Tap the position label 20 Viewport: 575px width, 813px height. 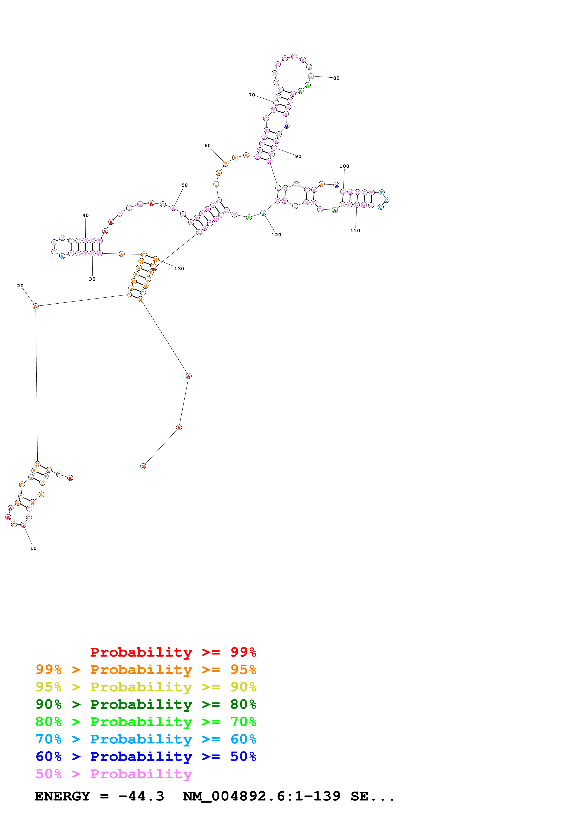20,286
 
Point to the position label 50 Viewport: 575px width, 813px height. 185,185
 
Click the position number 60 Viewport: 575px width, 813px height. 208,146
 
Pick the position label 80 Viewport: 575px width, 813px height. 336,78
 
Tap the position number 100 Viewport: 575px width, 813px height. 344,166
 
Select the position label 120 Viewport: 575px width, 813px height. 276,235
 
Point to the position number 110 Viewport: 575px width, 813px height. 355,231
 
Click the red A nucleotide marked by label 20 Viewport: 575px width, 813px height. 35,306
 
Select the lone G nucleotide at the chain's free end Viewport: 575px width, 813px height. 143,466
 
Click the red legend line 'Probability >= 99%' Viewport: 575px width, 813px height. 173,652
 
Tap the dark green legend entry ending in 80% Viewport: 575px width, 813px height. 146,704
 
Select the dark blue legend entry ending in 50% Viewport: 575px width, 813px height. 146,756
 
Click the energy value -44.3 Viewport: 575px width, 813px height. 141,796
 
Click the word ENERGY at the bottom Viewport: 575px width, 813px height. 62,796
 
